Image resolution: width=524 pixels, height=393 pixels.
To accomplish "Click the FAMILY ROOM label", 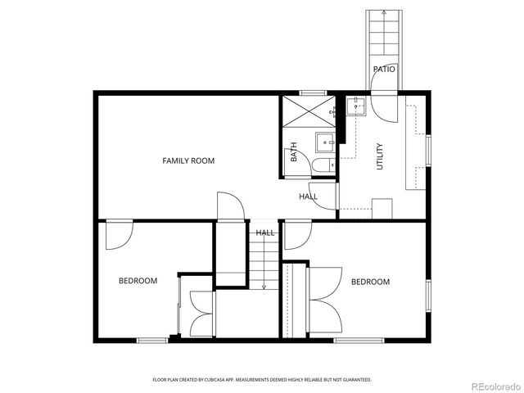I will (x=188, y=161).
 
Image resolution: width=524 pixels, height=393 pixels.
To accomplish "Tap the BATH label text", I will (x=293, y=152).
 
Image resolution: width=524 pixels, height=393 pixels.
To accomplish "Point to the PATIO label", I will (x=384, y=70).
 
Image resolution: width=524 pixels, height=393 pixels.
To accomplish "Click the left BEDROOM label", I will (x=138, y=281).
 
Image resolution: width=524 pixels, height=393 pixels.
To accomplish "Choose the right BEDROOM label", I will (x=370, y=282).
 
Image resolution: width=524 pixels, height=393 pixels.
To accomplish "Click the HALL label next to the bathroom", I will (x=308, y=196).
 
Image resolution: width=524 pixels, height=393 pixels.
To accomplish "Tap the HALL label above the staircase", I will (x=264, y=233).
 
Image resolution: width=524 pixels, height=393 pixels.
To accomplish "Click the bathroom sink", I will (x=325, y=142).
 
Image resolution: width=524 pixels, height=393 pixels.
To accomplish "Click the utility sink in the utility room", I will (x=356, y=106).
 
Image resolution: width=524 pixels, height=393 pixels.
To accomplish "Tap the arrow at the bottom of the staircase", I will (x=264, y=287).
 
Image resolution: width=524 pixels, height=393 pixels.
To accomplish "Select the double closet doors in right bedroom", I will (x=324, y=300).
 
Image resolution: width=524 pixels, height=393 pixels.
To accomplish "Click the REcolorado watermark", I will (x=491, y=386).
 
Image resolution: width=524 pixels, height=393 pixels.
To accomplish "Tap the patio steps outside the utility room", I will (x=378, y=37).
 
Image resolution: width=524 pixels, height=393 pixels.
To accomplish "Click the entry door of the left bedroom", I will (x=120, y=234).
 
